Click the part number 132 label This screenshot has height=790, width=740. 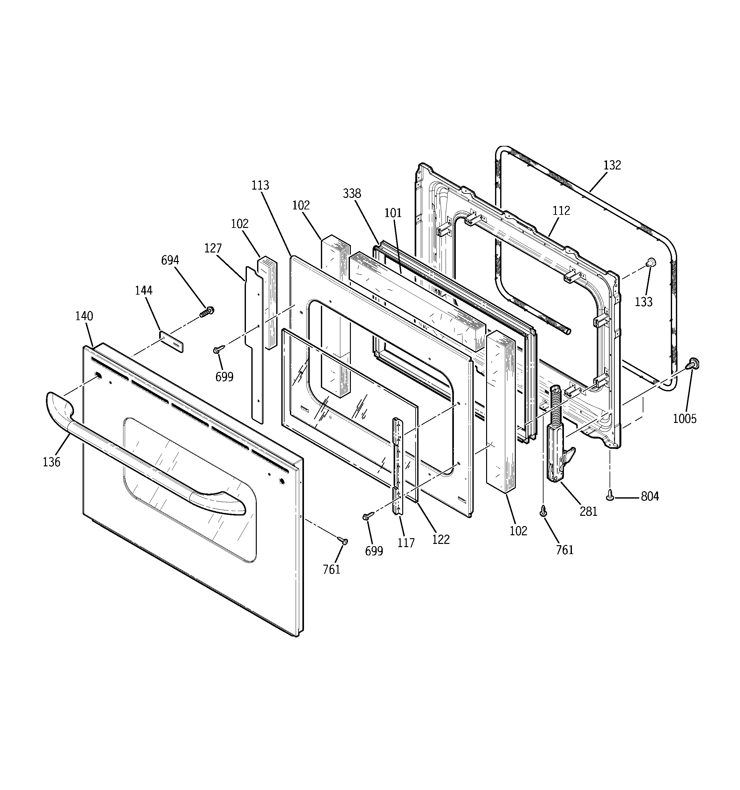[612, 165]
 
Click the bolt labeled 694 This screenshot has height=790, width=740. [207, 311]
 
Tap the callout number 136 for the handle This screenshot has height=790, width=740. [52, 462]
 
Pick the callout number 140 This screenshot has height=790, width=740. [84, 316]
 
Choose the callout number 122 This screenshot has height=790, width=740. [441, 540]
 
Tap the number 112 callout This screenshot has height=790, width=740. [561, 211]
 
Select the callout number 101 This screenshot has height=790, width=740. [393, 213]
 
